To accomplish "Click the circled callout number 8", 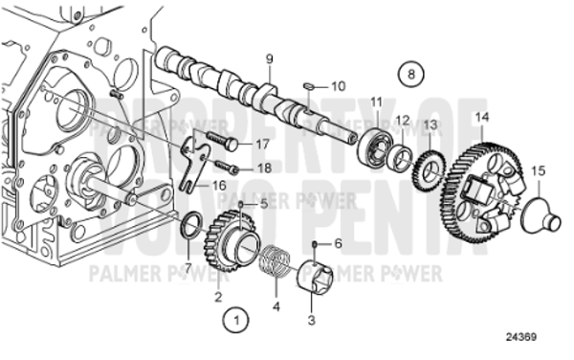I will [x=410, y=73].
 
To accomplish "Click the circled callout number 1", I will [x=235, y=315].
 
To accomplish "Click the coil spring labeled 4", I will [x=276, y=261].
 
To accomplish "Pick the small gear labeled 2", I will [x=235, y=236].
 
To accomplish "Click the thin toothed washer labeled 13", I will [x=430, y=171].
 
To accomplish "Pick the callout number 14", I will [x=482, y=117].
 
